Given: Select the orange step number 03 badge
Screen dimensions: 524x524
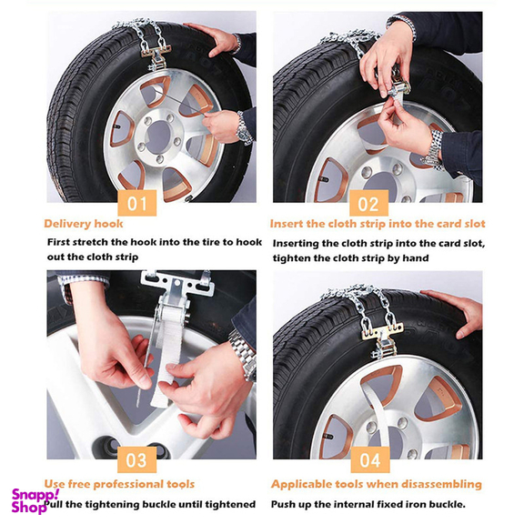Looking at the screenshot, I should tap(137, 459).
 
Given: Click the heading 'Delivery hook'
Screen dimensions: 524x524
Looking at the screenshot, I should tap(83, 224).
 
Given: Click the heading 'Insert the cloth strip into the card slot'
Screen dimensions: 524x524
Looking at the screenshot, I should tap(378, 224).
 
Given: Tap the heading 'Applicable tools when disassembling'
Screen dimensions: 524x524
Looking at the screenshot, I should tap(376, 484).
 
